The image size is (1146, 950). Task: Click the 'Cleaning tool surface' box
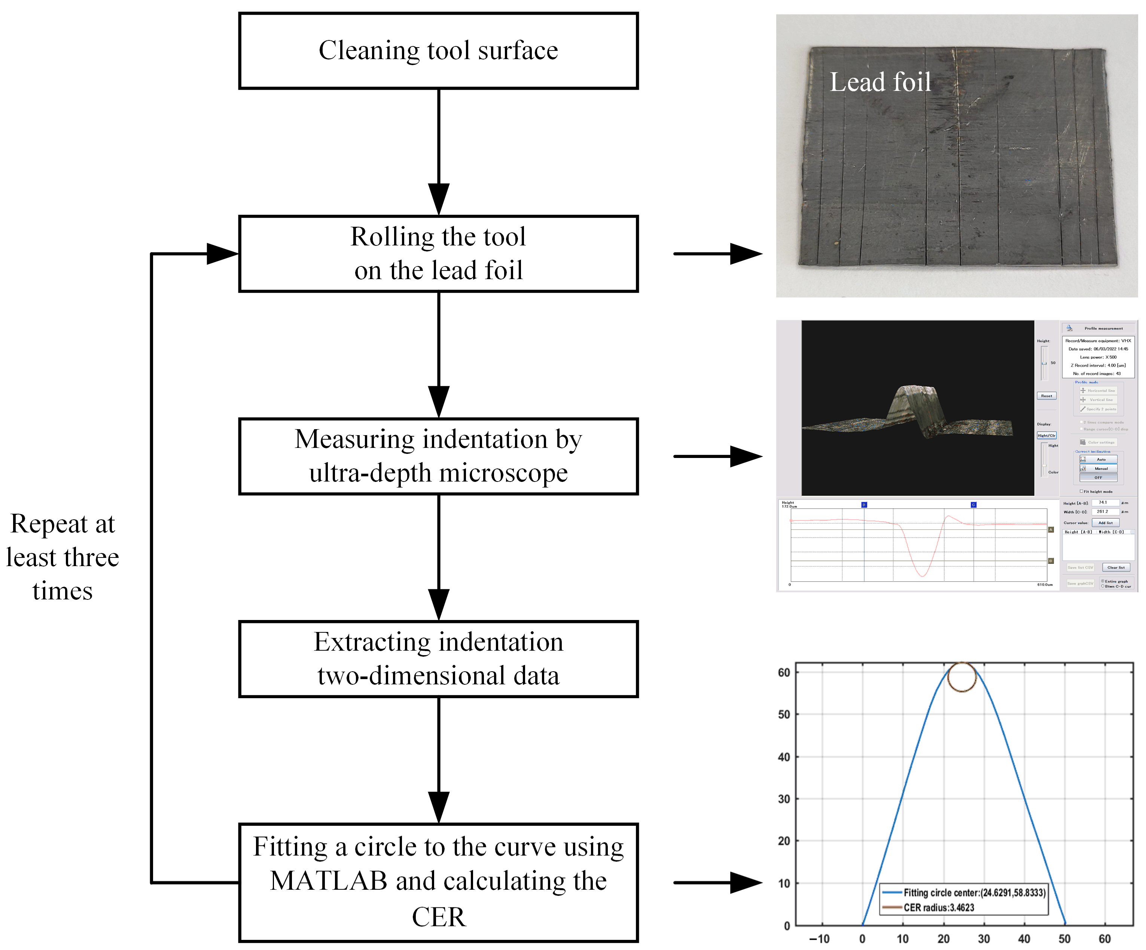coord(438,51)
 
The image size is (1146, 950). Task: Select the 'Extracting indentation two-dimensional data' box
coord(438,659)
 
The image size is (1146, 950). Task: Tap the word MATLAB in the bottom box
coord(328,881)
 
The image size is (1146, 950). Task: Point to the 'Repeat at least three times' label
coord(62,557)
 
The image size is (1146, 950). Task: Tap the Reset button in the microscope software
coord(1046,395)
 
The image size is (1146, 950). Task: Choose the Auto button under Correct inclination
coord(1101,459)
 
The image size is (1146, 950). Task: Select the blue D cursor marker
coord(864,505)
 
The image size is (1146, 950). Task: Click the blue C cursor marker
coord(973,505)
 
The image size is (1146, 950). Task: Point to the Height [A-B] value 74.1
coord(1102,503)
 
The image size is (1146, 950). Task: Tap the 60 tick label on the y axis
coord(784,673)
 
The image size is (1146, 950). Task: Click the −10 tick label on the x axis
coord(819,938)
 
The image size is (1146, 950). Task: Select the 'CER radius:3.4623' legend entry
coord(939,907)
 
